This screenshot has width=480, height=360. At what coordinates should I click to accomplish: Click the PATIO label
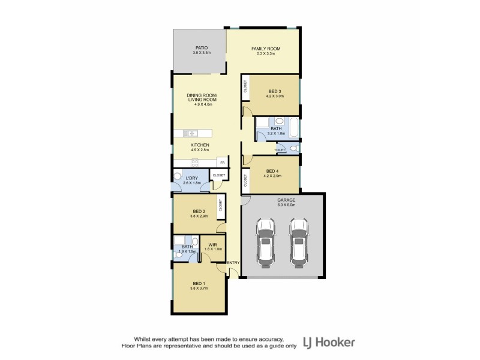(x=199, y=48)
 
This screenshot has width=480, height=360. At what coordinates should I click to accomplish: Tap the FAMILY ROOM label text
(x=265, y=49)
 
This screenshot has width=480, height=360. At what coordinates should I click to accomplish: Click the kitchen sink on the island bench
(x=191, y=133)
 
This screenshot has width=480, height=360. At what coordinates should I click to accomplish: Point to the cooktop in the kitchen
(x=195, y=163)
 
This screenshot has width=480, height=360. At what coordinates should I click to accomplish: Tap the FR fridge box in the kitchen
(x=222, y=163)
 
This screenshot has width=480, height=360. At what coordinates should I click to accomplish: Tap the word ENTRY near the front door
(x=233, y=262)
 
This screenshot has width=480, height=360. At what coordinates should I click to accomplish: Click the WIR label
(x=212, y=244)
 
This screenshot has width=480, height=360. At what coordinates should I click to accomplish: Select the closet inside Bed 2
(x=220, y=207)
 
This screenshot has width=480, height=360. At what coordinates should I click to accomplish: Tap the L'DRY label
(x=192, y=178)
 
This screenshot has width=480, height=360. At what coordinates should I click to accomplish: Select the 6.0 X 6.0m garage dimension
(x=286, y=205)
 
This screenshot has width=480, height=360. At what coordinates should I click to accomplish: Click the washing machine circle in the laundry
(x=178, y=176)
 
